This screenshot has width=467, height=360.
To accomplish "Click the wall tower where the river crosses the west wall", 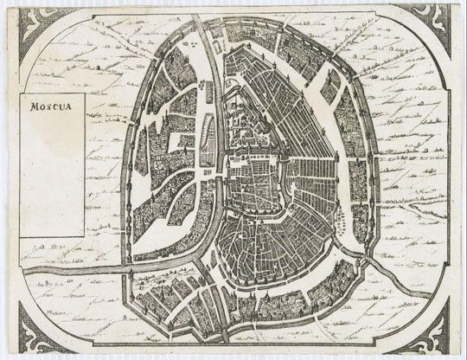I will (x=131, y=262).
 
